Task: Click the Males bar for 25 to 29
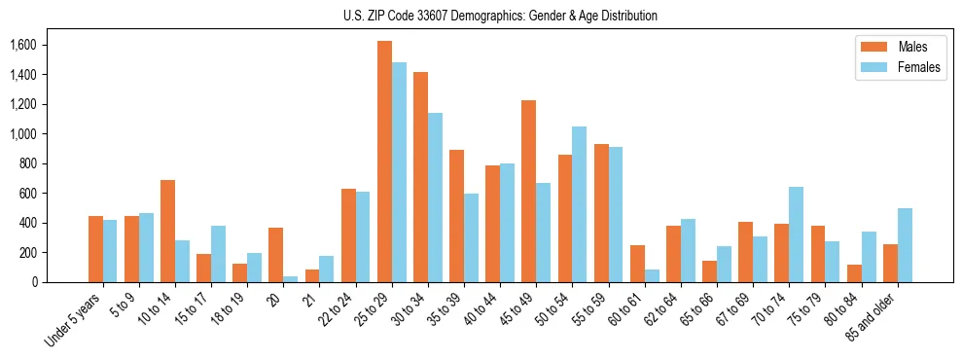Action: (384, 162)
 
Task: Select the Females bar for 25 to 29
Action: (399, 172)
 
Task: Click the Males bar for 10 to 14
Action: (167, 231)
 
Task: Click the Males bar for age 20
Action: (276, 255)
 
